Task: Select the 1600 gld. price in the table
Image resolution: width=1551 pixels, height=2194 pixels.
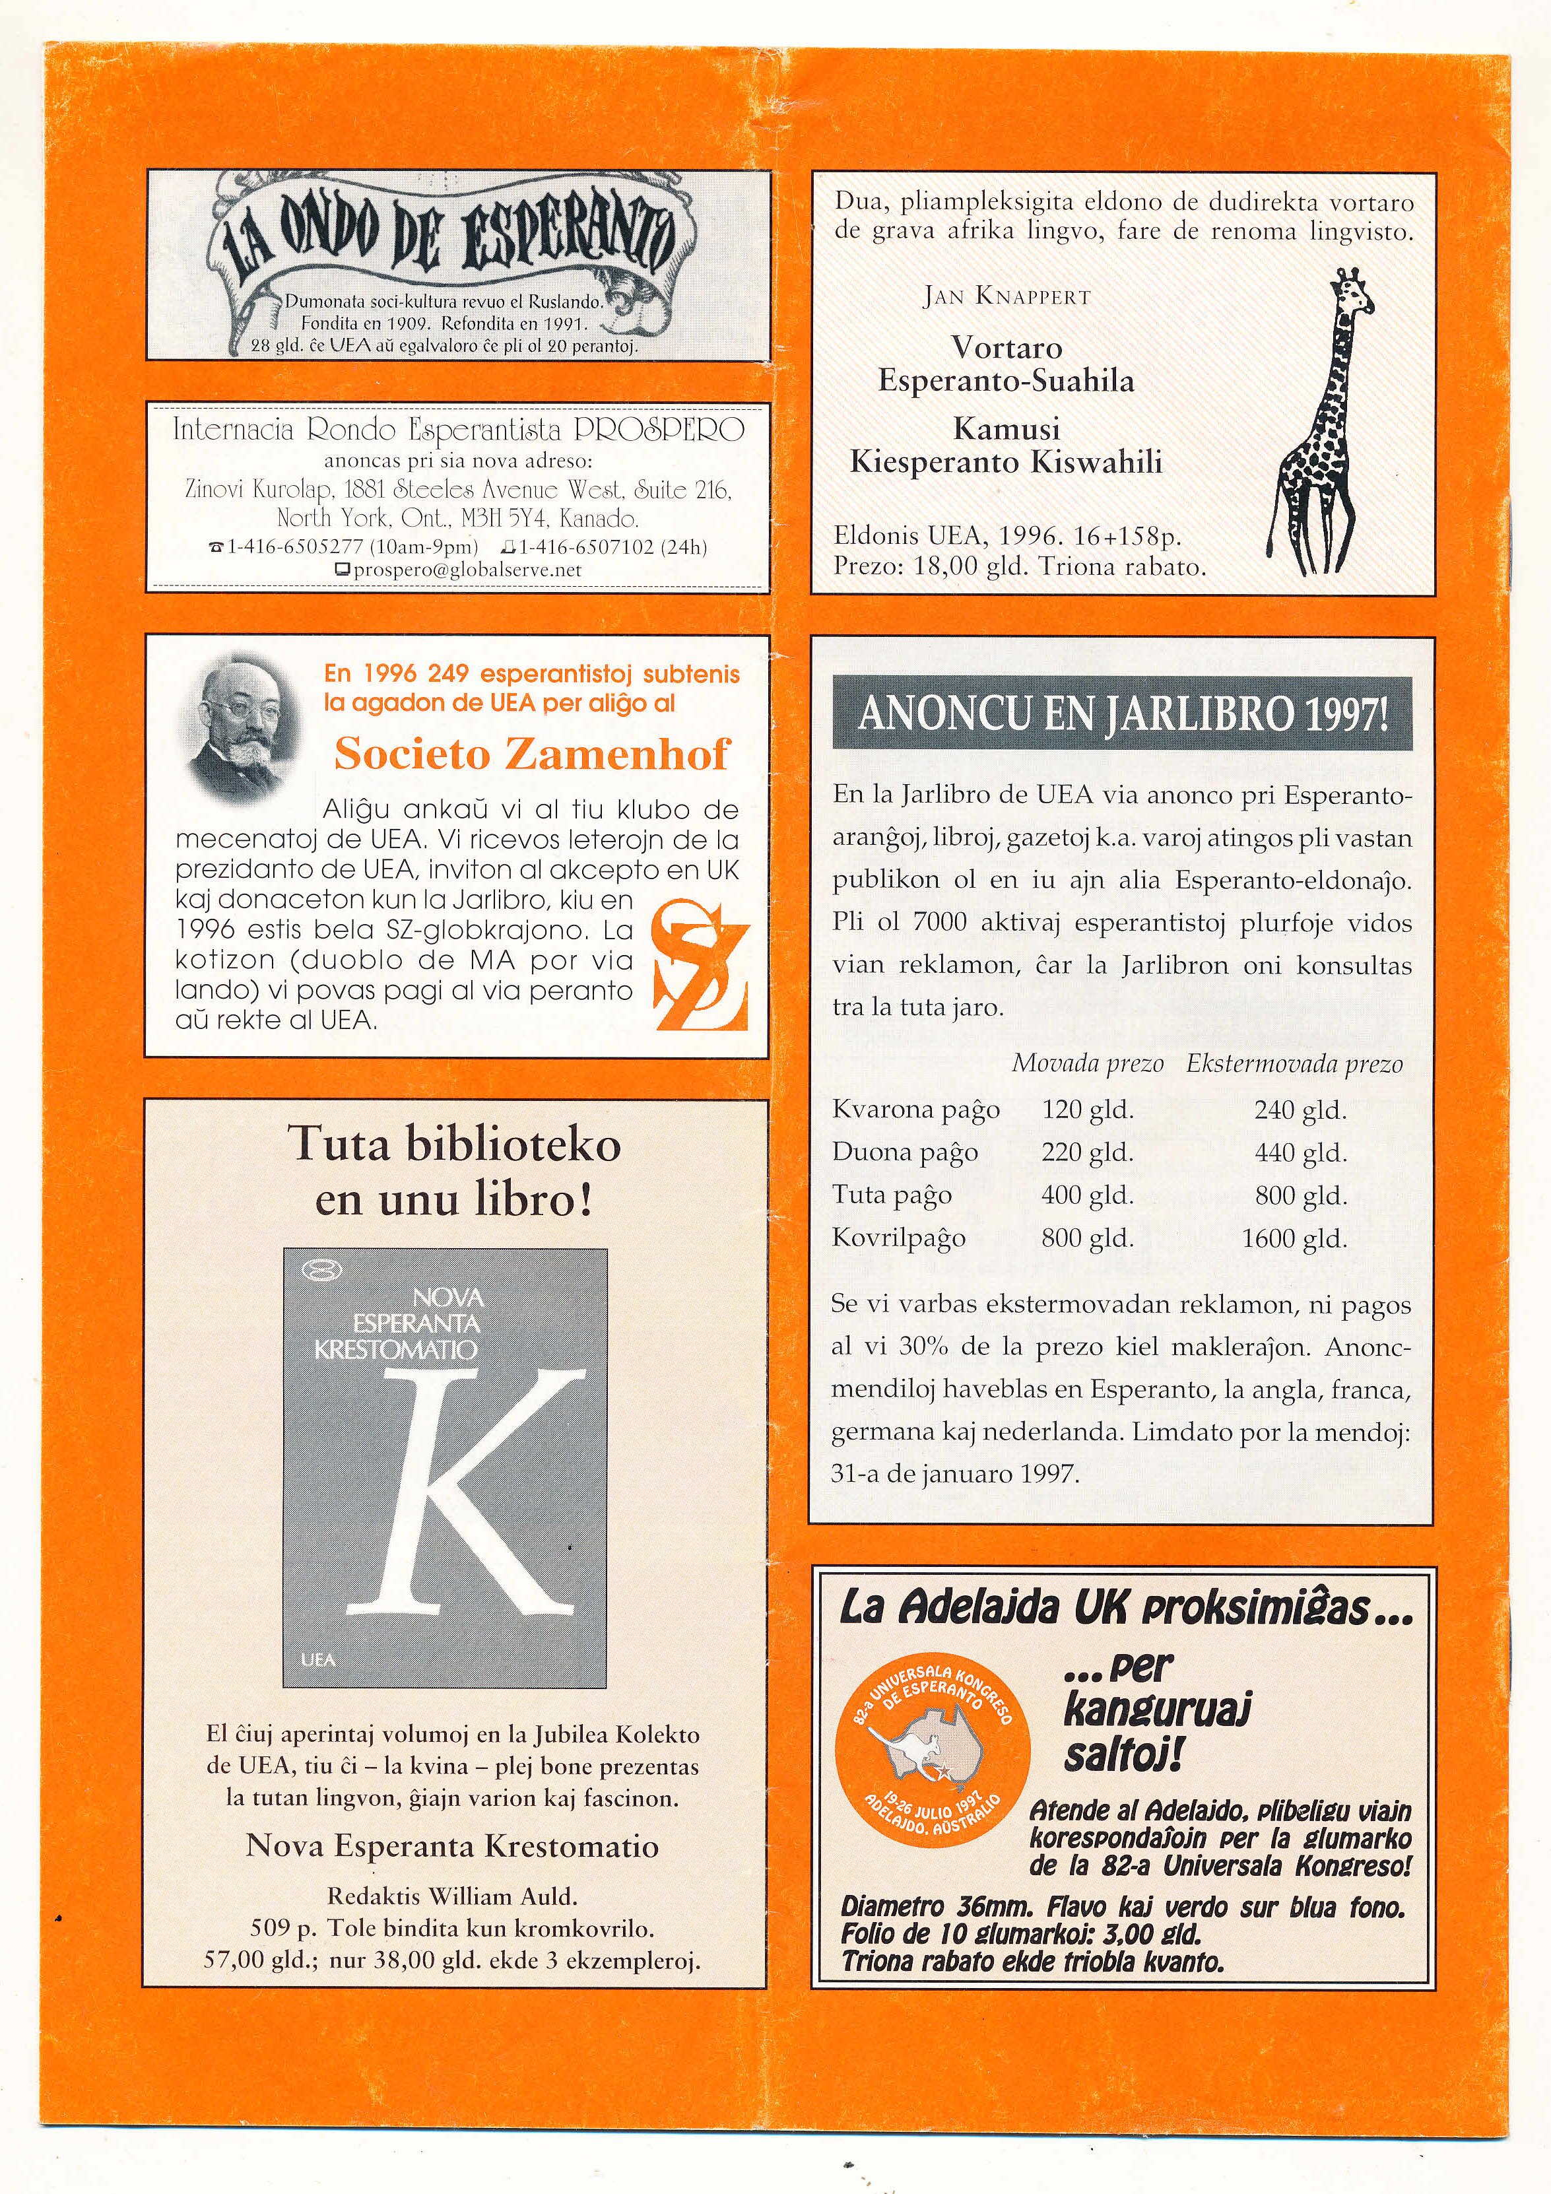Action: click(x=1294, y=1238)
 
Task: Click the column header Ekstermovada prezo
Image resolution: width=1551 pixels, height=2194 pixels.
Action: click(x=1294, y=1063)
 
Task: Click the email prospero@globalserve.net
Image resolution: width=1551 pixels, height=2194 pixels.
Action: click(x=467, y=570)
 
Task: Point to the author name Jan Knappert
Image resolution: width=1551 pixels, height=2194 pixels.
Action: click(x=1006, y=296)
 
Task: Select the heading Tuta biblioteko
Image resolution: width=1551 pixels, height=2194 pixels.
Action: click(x=455, y=1145)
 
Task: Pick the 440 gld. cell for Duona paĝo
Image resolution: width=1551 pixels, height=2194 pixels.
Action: click(x=1300, y=1152)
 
